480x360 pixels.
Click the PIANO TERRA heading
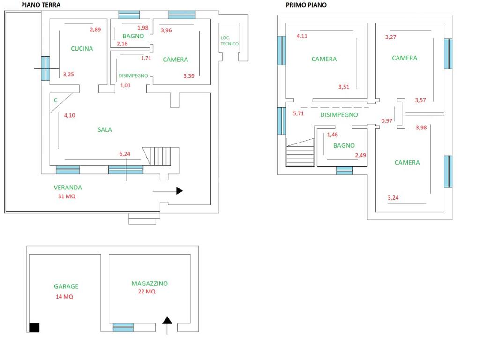41,5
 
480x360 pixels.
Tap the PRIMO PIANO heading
306,5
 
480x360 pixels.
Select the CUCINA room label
82,48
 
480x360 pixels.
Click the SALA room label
105,130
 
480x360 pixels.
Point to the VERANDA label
67,187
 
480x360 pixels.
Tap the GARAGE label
66,286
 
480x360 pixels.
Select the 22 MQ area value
144,292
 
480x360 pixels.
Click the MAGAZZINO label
150,284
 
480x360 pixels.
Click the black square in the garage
34,328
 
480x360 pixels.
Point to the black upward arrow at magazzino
167,321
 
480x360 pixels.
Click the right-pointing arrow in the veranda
179,191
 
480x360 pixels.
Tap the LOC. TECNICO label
230,41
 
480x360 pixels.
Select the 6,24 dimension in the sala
125,154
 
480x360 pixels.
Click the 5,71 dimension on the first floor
299,113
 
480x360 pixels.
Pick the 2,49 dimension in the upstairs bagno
360,156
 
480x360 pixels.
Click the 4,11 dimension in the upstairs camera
302,36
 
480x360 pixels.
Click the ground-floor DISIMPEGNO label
133,75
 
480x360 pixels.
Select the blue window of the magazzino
123,327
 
